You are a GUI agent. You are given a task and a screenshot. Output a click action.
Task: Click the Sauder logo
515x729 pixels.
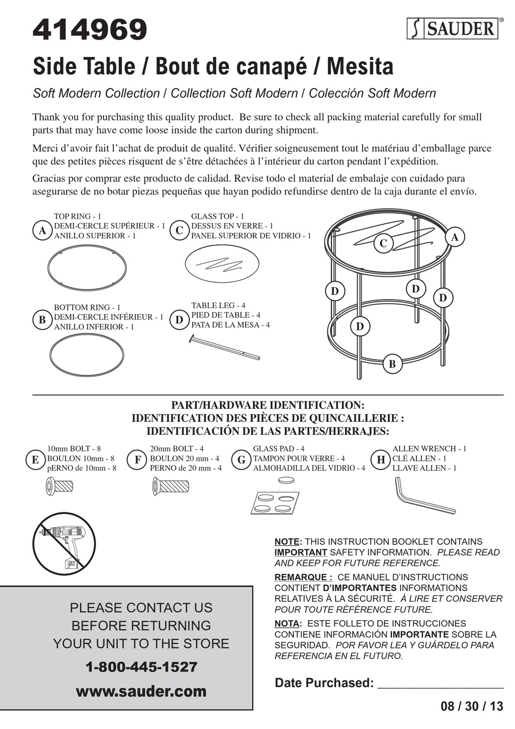coord(453,29)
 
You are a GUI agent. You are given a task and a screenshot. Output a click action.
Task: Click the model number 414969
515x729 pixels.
coord(90,30)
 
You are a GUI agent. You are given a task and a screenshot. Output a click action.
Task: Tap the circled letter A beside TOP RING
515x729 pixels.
coord(42,231)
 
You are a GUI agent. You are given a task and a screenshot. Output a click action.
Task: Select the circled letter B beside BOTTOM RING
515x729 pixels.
coord(42,320)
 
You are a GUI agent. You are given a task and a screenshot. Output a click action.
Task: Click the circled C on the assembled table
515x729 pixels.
coord(383,243)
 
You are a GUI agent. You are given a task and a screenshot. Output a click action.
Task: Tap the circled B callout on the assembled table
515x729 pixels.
coord(392,364)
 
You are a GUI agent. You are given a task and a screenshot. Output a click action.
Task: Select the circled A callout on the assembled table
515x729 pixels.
coord(454,237)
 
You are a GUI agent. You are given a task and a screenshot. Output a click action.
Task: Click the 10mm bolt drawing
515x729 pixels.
coord(59,486)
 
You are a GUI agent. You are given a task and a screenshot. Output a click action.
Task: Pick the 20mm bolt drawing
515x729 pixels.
coord(170,486)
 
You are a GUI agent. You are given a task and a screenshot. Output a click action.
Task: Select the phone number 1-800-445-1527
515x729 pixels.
coord(141,667)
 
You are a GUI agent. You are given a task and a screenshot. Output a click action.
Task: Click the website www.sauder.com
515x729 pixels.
coord(141,691)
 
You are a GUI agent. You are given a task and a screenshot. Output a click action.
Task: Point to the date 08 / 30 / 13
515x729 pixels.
coord(472,706)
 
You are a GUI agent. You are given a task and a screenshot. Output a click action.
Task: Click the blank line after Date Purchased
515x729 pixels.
coord(440,684)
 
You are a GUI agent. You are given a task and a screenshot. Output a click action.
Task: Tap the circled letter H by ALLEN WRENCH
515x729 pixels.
coord(381,460)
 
